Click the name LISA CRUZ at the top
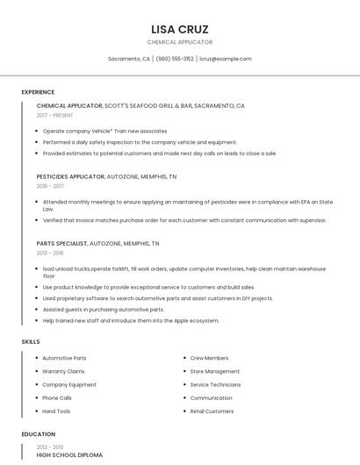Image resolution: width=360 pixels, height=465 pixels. pos(179,29)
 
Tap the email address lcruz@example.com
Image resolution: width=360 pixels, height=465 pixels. pos(226,59)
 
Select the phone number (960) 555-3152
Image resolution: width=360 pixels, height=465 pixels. pos(175,59)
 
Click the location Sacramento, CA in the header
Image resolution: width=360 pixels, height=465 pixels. pos(129,59)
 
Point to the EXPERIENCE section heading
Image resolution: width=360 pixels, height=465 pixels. pos(38,92)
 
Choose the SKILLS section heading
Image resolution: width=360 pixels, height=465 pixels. pos(31,341)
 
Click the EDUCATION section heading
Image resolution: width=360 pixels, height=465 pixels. pos(38,434)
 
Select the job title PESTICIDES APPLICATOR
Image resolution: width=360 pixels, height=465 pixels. pos(70,176)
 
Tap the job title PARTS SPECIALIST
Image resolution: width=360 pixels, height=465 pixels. pos(61,243)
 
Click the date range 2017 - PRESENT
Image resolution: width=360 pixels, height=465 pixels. pos(55,115)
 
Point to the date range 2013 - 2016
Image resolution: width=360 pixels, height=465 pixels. pos(50,253)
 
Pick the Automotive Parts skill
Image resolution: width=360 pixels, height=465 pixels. pos(64,358)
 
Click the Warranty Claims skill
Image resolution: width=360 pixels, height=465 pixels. pos(63,371)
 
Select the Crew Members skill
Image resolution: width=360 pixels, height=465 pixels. pos(209,358)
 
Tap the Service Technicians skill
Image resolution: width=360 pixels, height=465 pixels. pos(215,384)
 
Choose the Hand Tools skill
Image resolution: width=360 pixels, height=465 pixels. pos(56,411)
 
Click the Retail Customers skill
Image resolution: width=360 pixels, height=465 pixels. pos(212,411)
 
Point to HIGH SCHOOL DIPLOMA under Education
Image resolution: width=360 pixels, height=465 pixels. pos(69,455)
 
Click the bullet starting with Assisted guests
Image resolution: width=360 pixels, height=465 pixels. pos(103,310)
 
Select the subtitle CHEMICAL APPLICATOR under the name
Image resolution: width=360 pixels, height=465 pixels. pos(179,42)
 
